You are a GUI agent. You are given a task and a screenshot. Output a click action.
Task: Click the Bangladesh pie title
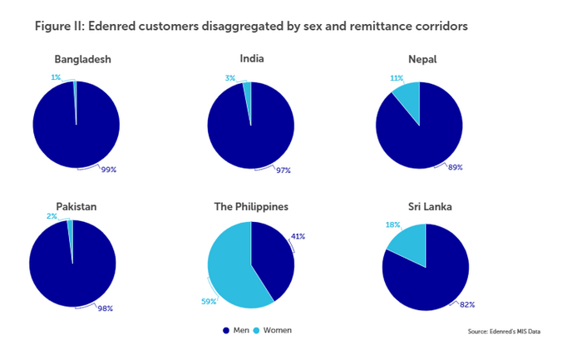tap(82, 60)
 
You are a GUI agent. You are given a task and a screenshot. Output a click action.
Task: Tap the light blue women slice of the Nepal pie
tap(408, 98)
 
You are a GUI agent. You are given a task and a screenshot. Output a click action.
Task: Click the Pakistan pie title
tap(74, 206)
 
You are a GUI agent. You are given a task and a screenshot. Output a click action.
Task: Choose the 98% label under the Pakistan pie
tap(105, 308)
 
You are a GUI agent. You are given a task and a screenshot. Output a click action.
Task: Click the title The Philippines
tap(251, 206)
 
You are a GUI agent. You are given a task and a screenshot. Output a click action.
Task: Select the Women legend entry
tap(272, 330)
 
